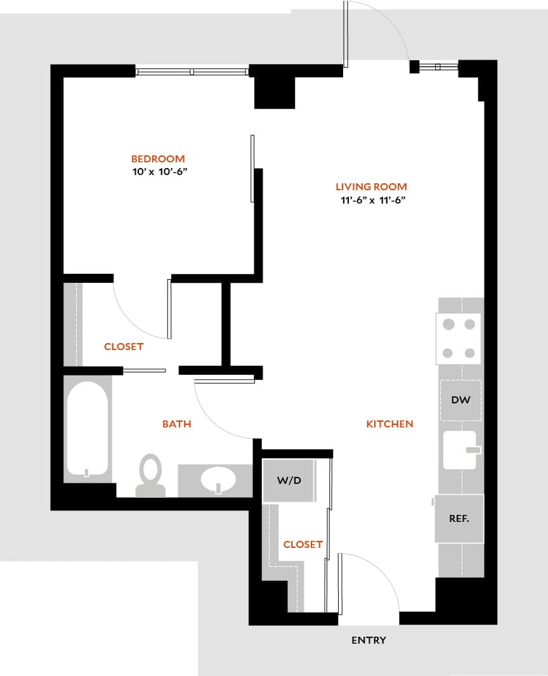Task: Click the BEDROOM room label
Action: coord(158,159)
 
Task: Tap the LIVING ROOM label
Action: coord(371,187)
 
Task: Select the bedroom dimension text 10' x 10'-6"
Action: coord(158,172)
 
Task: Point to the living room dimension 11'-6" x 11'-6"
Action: coord(372,200)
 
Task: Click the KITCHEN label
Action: coord(389,424)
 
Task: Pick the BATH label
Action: coord(176,424)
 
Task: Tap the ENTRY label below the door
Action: coord(369,640)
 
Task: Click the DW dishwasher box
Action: coord(460,400)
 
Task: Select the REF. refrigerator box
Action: coord(459,518)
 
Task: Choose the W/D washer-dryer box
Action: coord(289,481)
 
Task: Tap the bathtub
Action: coord(87,429)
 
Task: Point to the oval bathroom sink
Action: coord(218,480)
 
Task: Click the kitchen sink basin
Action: coord(459,450)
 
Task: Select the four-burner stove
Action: coord(459,339)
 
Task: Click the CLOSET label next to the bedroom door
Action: coord(124,347)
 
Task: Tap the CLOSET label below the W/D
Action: coord(303,545)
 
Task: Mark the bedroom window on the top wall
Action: coord(192,72)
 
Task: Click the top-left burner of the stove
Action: coord(448,325)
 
